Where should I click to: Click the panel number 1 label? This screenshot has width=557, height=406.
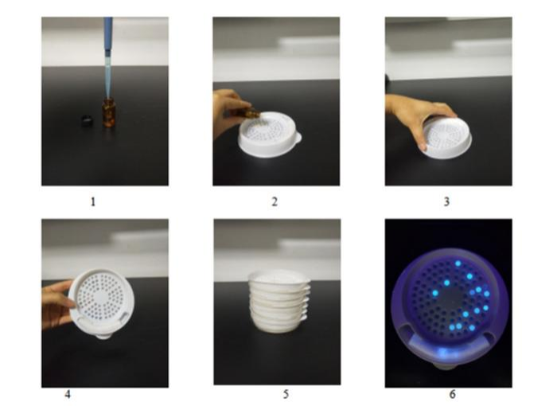coord(93,202)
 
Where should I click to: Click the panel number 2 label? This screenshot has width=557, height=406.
coord(275,202)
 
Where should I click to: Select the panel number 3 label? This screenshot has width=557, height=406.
coord(447,202)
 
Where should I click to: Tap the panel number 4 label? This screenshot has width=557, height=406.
coord(68,394)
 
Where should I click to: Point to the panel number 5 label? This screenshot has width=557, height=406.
coord(286,394)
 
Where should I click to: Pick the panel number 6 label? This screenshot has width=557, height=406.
coord(452,394)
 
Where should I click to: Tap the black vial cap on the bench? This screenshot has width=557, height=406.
coord(87,120)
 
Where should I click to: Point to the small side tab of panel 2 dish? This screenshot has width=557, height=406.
coord(298,136)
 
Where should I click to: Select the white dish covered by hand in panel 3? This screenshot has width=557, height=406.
coord(447,138)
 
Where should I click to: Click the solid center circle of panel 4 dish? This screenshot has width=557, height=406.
coord(101,296)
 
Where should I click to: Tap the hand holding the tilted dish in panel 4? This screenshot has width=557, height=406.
coord(56,304)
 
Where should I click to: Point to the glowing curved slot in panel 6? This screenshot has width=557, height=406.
coord(448,345)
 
